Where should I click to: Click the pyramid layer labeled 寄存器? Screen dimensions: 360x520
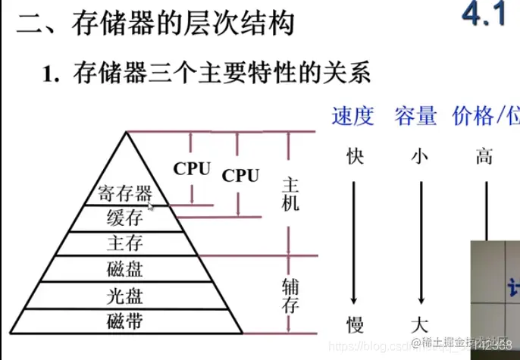click(x=126, y=193)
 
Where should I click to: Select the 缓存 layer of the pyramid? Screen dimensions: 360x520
click(x=126, y=219)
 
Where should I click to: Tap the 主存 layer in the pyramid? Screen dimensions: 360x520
click(x=126, y=243)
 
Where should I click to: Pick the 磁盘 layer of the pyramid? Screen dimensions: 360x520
click(x=126, y=268)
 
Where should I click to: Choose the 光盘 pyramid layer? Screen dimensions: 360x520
click(x=126, y=295)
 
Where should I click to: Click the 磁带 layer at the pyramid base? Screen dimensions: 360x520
click(x=126, y=321)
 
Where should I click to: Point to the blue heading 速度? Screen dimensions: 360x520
click(x=352, y=116)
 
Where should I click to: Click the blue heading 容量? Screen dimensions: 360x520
click(x=415, y=116)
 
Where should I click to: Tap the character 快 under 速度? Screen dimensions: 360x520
click(x=355, y=157)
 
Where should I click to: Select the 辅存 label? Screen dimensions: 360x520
click(x=290, y=296)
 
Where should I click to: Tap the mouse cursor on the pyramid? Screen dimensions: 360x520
click(x=150, y=204)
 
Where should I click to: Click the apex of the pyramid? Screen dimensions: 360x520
click(x=127, y=133)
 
